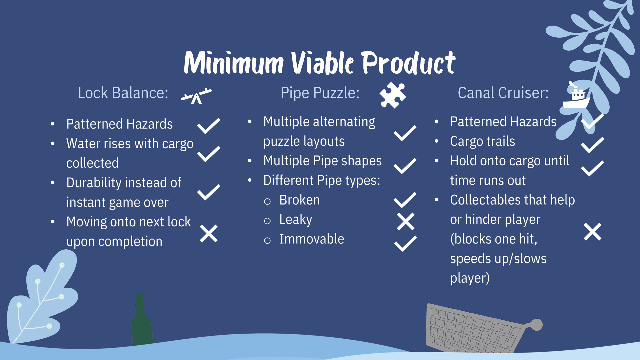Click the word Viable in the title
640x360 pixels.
[x=322, y=63]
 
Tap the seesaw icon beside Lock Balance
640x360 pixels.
[x=196, y=96]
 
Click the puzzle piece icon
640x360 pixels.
[x=393, y=95]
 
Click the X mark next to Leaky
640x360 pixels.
[x=406, y=221]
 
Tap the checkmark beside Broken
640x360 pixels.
[x=405, y=200]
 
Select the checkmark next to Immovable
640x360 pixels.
[x=406, y=243]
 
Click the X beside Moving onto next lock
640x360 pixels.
[x=209, y=234]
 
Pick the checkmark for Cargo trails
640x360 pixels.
[x=593, y=145]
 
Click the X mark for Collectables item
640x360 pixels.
[x=593, y=232]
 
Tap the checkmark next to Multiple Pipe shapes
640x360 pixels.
[x=405, y=166]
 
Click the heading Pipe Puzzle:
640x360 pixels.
[x=320, y=93]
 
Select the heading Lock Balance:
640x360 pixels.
[x=123, y=93]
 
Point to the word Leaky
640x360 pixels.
[x=296, y=220]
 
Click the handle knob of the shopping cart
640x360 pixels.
[x=536, y=325]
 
